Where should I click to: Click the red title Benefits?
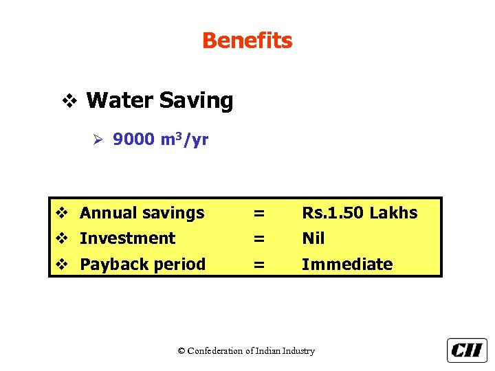tap(247, 41)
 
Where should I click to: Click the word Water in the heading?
tap(120, 101)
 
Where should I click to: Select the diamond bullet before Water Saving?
tap(69, 102)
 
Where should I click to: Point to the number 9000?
tap(133, 140)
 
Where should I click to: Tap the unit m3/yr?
tap(184, 140)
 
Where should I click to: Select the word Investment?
tap(127, 238)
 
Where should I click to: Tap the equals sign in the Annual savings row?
tap(258, 213)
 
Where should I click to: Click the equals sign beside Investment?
tap(258, 238)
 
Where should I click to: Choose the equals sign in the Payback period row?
tap(258, 265)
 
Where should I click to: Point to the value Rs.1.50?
tap(333, 213)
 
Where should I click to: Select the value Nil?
tap(313, 238)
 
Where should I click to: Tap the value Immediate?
tap(347, 265)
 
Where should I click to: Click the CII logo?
tap(467, 350)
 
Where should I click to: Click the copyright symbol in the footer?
tap(181, 351)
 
